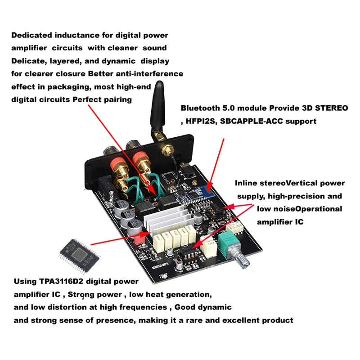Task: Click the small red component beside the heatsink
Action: [139, 239]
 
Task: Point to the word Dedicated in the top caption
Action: [31, 36]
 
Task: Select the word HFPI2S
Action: [201, 121]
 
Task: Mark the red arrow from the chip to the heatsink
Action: [121, 239]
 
